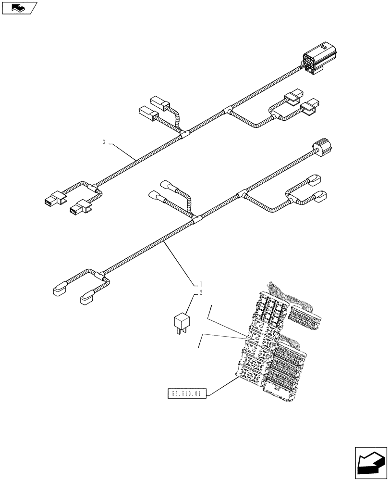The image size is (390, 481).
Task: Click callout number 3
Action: pos(104,142)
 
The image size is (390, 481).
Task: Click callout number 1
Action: pos(201,283)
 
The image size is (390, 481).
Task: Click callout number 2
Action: pos(201,292)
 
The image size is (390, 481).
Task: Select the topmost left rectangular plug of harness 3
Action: pos(158,102)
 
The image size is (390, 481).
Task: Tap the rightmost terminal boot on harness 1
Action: pos(320,196)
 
